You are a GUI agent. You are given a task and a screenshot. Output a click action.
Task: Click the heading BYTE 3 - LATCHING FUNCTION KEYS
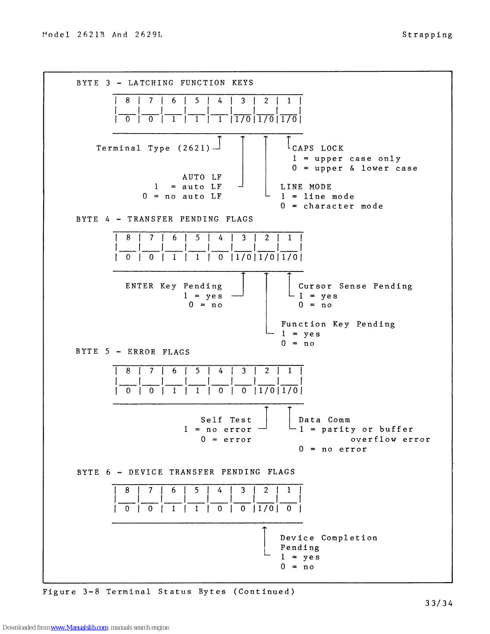pyautogui.click(x=165, y=83)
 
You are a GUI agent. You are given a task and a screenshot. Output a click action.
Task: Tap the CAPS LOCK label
pyautogui.click(x=318, y=148)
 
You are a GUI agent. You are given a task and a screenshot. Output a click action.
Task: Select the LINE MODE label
pyautogui.click(x=306, y=187)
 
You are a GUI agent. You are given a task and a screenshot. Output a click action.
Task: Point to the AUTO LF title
pyautogui.click(x=202, y=177)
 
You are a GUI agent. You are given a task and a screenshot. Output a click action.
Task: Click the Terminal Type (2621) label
pyautogui.click(x=153, y=148)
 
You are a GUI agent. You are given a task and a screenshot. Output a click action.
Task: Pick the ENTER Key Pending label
pyautogui.click(x=174, y=286)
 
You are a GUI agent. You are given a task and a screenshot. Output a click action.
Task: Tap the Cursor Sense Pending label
pyautogui.click(x=355, y=286)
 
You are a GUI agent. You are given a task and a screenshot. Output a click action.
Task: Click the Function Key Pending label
pyautogui.click(x=338, y=324)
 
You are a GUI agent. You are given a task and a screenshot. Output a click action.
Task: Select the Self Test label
pyautogui.click(x=226, y=420)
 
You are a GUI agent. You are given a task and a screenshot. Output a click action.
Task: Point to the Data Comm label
pyautogui.click(x=324, y=420)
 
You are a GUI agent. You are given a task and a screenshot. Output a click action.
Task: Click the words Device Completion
pyautogui.click(x=329, y=538)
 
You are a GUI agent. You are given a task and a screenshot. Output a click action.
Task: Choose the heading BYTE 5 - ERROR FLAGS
pyautogui.click(x=133, y=352)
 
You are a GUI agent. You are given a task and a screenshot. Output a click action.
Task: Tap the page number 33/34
pyautogui.click(x=439, y=603)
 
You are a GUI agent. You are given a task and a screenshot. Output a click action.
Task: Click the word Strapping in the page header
pyautogui.click(x=427, y=35)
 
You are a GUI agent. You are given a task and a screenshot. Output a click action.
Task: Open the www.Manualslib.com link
pyautogui.click(x=79, y=627)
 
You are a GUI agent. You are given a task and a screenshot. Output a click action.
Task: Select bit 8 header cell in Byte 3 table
pyautogui.click(x=128, y=101)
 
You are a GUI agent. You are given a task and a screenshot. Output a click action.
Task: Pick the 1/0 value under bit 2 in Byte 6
pyautogui.click(x=266, y=508)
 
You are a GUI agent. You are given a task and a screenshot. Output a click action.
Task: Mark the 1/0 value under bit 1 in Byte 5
pyautogui.click(x=290, y=390)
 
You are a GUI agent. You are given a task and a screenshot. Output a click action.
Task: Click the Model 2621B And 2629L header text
pyautogui.click(x=102, y=35)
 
